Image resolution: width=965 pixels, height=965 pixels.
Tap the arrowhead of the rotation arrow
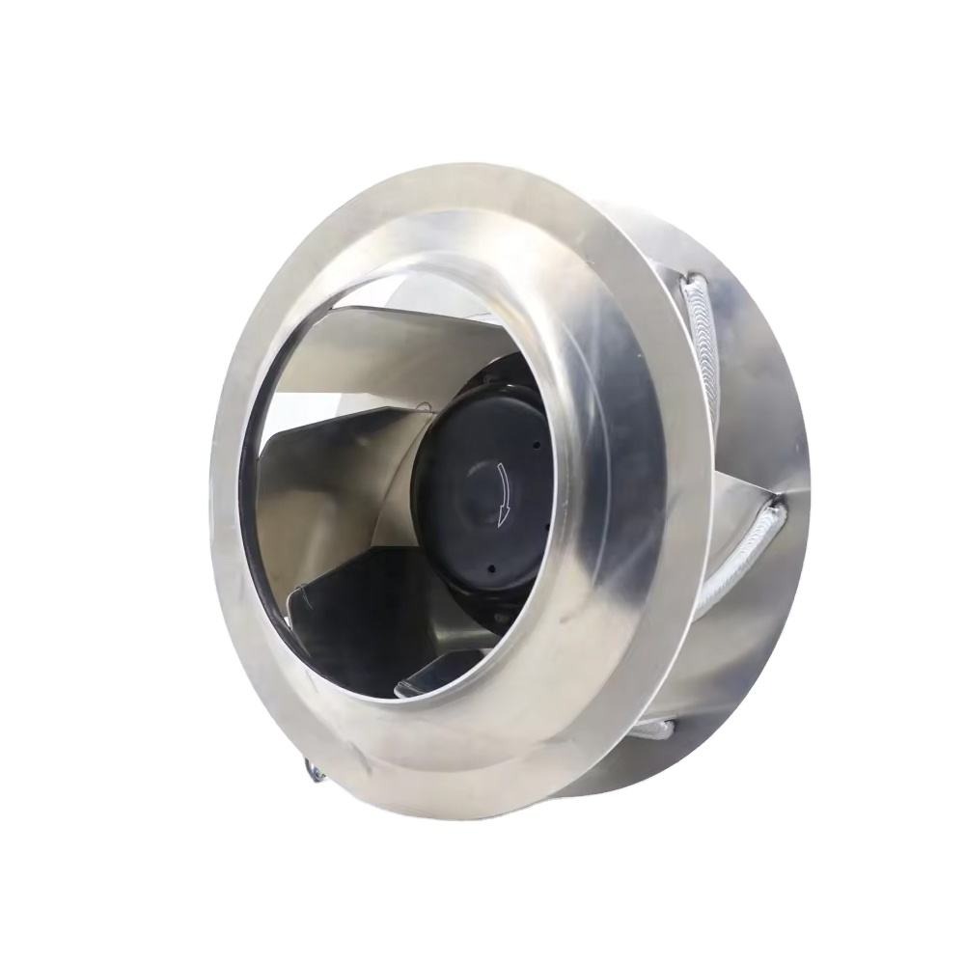click(x=499, y=522)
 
